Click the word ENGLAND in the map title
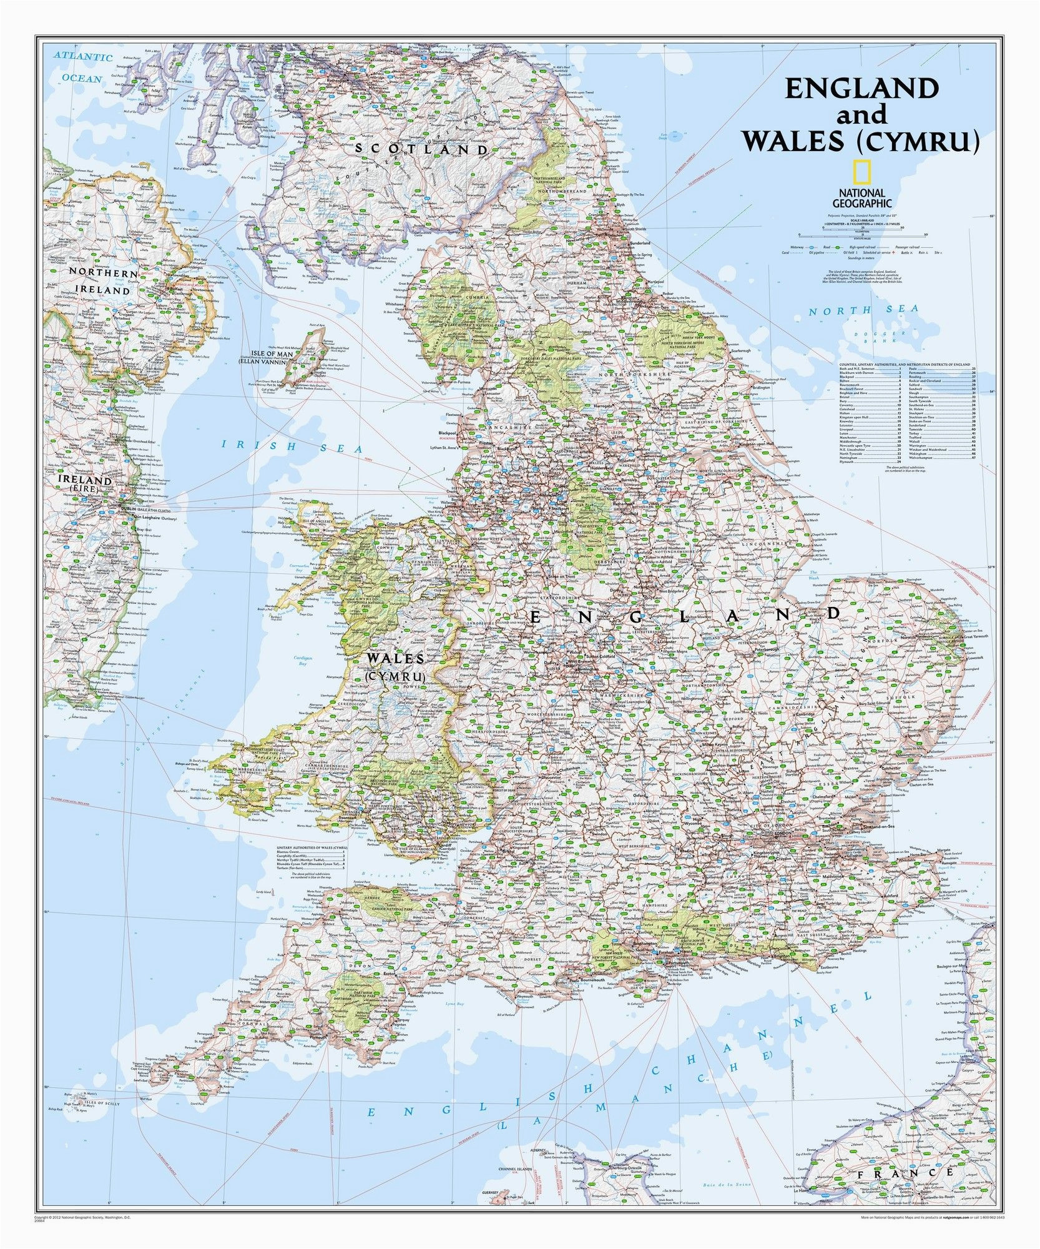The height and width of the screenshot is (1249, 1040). pyautogui.click(x=861, y=89)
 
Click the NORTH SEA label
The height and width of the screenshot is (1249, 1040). pyautogui.click(x=863, y=310)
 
